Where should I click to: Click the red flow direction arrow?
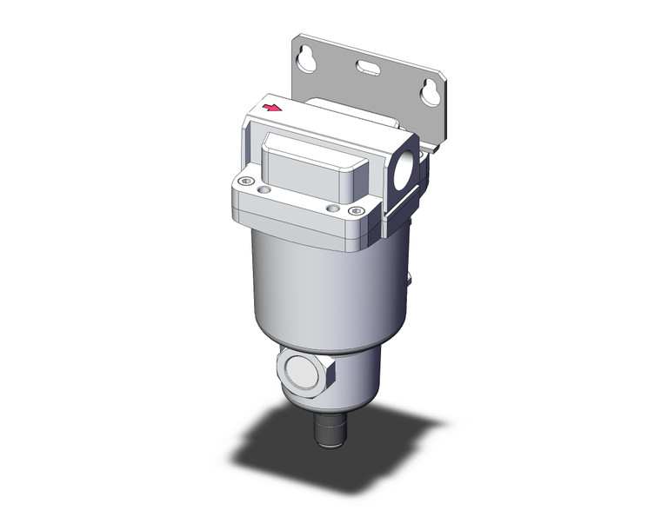pos(273,109)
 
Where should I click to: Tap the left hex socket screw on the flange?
pos(244,182)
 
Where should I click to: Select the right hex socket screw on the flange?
pos(331,209)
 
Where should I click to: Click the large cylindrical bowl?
pos(322,287)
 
